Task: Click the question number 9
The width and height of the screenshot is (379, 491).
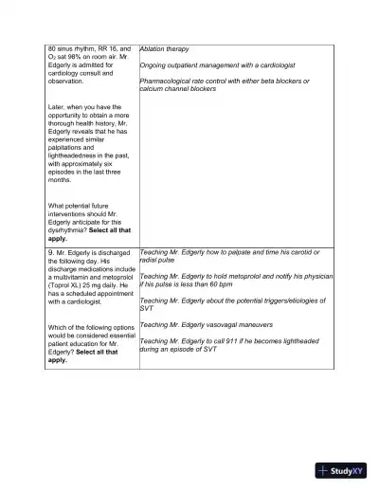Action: tap(50, 254)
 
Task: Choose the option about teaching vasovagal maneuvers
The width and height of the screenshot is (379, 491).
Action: tap(206, 324)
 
